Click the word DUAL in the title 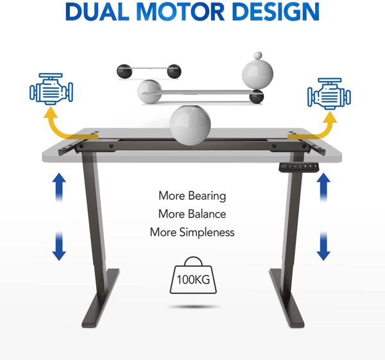click(x=97, y=12)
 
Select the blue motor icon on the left click(x=51, y=89)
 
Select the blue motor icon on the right click(x=329, y=94)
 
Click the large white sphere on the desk click(x=191, y=125)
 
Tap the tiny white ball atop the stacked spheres click(x=258, y=55)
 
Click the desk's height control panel click(x=299, y=167)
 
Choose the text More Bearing click(x=193, y=196)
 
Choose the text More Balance click(x=193, y=214)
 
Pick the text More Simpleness click(x=193, y=232)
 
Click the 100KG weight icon click(x=193, y=275)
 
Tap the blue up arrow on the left click(x=59, y=187)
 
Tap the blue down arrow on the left click(x=59, y=246)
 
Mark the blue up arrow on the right click(x=323, y=187)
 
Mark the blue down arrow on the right click(x=323, y=246)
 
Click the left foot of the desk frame click(x=101, y=298)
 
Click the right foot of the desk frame click(x=287, y=298)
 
